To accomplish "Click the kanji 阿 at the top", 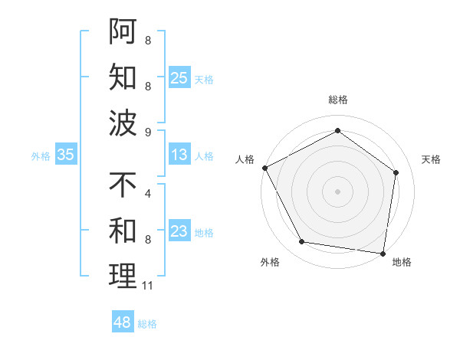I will pyautogui.click(x=123, y=33).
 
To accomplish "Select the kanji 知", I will pyautogui.click(x=123, y=77).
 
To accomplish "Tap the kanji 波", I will pyautogui.click(x=123, y=123).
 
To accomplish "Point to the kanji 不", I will pyautogui.click(x=123, y=185).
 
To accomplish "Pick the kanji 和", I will pyautogui.click(x=123, y=230).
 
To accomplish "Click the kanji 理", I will pyautogui.click(x=123, y=276).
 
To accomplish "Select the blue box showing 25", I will pyautogui.click(x=179, y=78).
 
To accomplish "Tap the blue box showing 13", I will pyautogui.click(x=179, y=155).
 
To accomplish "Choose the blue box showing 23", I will pyautogui.click(x=179, y=231).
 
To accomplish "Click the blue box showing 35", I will pyautogui.click(x=66, y=155).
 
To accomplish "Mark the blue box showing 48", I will pyautogui.click(x=123, y=322).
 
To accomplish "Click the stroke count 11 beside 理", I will pyautogui.click(x=148, y=286).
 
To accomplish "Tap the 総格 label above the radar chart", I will pyautogui.click(x=337, y=100).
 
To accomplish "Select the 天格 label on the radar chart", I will pyautogui.click(x=431, y=159).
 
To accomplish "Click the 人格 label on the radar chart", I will pyautogui.click(x=245, y=159).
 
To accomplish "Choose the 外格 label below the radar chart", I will pyautogui.click(x=270, y=262).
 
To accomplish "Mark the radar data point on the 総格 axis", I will pyautogui.click(x=337, y=130).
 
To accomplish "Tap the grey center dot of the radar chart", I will pyautogui.click(x=337, y=191).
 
